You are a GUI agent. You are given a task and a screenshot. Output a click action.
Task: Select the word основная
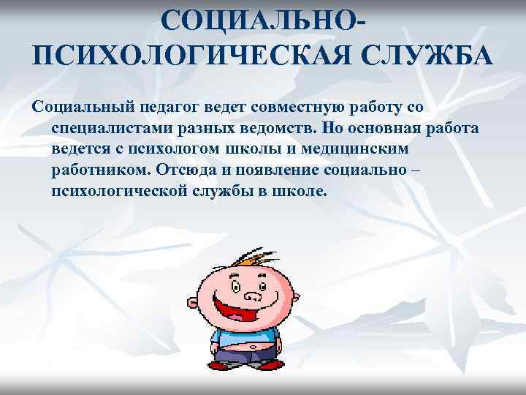click(387, 129)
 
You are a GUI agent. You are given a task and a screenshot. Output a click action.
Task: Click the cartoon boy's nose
click(252, 295)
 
